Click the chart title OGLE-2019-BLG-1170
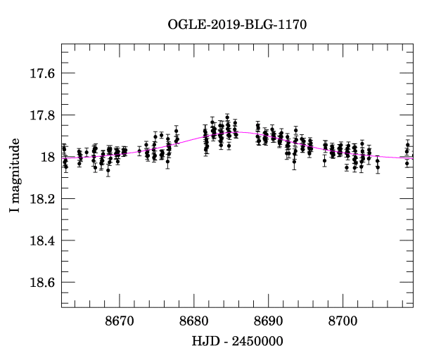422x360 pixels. tap(237, 25)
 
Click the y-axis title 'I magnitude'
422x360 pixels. tap(15, 176)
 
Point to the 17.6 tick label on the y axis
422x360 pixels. tap(41, 73)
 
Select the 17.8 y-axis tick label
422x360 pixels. tap(41, 115)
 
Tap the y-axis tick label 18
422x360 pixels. tap(49, 157)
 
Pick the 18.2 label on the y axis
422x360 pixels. tap(41, 199)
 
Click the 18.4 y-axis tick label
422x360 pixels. tap(41, 240)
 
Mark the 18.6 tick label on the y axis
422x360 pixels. tap(41, 283)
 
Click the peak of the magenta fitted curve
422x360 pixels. tap(232, 131)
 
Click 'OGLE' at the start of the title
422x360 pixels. tap(184, 25)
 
